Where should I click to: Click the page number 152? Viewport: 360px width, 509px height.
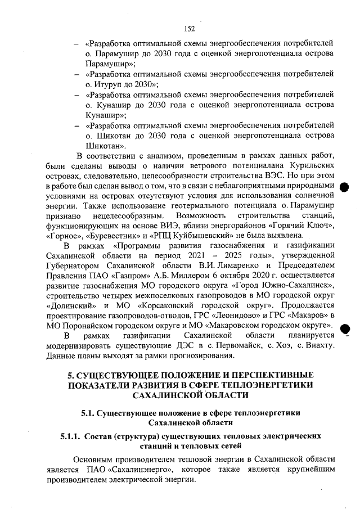click(189, 29)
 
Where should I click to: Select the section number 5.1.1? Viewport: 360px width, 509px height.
click(71, 436)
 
